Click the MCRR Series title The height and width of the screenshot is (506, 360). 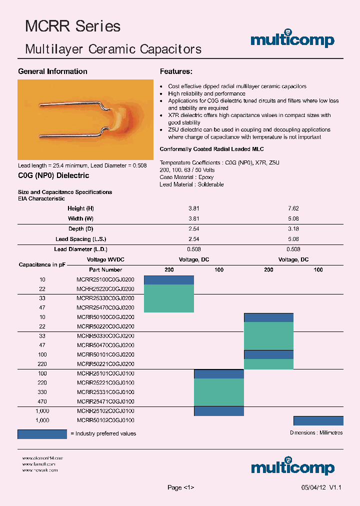(x=73, y=26)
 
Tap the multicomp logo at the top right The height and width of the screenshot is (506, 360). (x=292, y=40)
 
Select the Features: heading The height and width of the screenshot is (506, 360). (x=176, y=71)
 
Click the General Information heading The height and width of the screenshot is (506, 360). (x=52, y=71)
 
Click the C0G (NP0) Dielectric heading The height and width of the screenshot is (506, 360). (x=53, y=175)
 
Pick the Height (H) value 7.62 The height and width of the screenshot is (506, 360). (x=293, y=208)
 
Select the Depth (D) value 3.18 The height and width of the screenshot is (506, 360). (x=293, y=229)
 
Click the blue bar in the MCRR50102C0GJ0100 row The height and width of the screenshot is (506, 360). (x=318, y=420)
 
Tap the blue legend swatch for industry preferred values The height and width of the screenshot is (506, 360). (x=42, y=433)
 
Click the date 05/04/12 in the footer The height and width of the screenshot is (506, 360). (x=312, y=487)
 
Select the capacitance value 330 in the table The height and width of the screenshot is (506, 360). (x=42, y=392)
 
